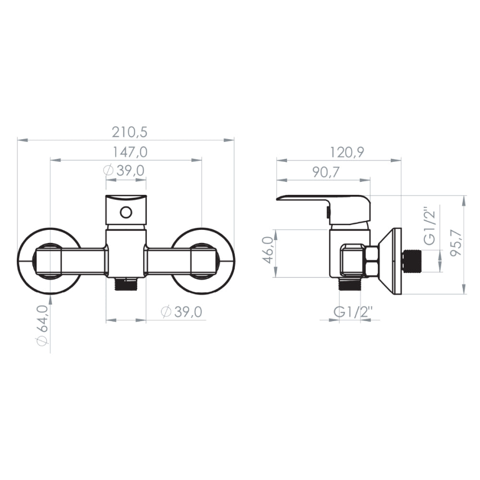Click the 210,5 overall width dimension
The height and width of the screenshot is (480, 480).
point(130,132)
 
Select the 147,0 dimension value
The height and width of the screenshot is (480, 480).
point(130,152)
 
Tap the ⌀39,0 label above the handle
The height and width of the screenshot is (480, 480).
point(124,170)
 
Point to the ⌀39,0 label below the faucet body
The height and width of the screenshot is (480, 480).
point(181,312)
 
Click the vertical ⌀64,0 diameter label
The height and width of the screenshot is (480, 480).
point(43,325)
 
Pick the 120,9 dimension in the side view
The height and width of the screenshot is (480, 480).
point(347,152)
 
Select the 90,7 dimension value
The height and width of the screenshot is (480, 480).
point(326,172)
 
